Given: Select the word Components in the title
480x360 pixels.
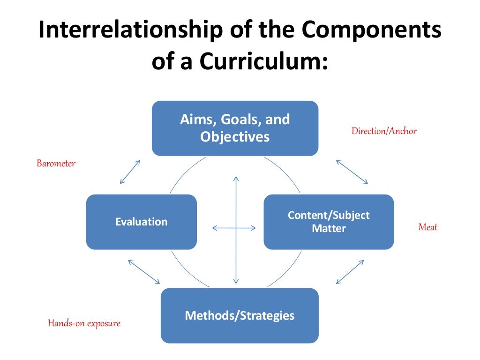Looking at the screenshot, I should (371, 30).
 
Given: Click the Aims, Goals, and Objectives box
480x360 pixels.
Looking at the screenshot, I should (235, 128).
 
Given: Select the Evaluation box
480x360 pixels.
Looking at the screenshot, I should (141, 222).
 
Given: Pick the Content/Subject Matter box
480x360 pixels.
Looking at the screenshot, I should (328, 222).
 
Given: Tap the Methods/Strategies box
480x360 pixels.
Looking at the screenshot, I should (240, 315).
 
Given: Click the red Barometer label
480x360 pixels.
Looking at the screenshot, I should (56, 164).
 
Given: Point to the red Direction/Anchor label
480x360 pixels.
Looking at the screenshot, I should (384, 131).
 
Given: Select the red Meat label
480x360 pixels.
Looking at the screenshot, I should (427, 227).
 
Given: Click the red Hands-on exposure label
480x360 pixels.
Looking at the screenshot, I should (84, 323).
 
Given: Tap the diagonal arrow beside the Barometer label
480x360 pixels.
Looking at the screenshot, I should (130, 172).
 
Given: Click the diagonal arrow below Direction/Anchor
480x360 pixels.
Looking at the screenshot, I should (352, 172).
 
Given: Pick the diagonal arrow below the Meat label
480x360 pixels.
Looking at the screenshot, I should (350, 272).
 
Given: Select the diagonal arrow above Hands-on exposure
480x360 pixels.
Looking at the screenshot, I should (143, 272).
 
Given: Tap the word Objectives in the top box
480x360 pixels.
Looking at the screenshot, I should (235, 136).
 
